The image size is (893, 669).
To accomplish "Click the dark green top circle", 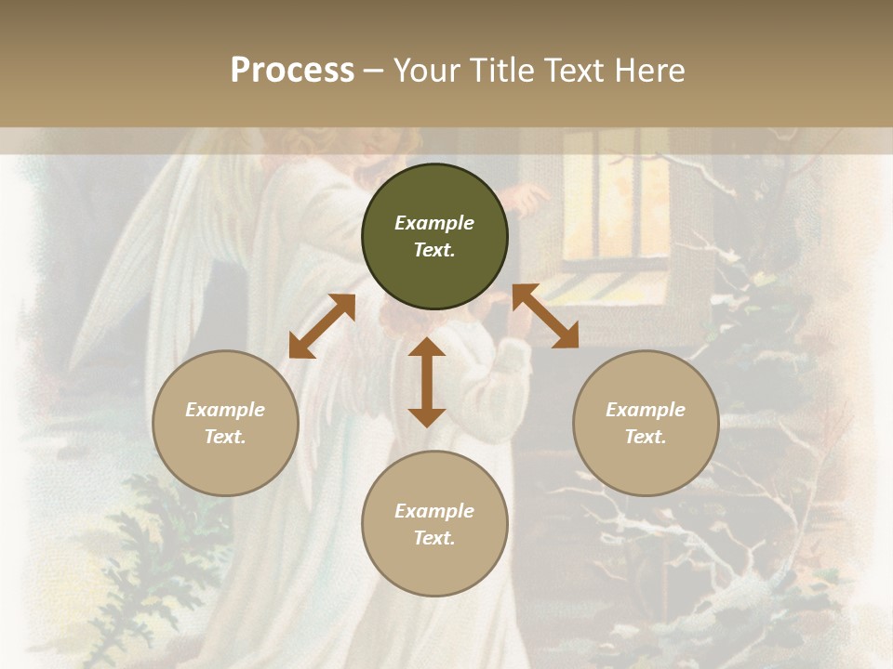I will pyautogui.click(x=434, y=237).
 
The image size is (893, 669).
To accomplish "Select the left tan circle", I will pyautogui.click(x=225, y=423).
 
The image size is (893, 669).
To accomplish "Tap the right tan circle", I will pyautogui.click(x=646, y=423).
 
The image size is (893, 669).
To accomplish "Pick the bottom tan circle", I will pyautogui.click(x=434, y=524).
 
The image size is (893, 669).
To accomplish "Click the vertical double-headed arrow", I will pyautogui.click(x=427, y=382).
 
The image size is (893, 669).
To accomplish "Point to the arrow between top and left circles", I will pyautogui.click(x=322, y=326).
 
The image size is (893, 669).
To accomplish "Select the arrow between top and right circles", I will pyautogui.click(x=545, y=316).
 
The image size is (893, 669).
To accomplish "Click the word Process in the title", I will pyautogui.click(x=292, y=71).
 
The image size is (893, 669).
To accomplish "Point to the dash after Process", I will pyautogui.click(x=373, y=72).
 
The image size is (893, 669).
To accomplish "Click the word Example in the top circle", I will pyautogui.click(x=434, y=223).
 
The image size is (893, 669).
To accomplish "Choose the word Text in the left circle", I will pyautogui.click(x=225, y=437).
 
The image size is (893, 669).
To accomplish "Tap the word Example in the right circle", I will pyautogui.click(x=646, y=410).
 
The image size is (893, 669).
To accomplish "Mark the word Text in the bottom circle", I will pyautogui.click(x=434, y=538).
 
